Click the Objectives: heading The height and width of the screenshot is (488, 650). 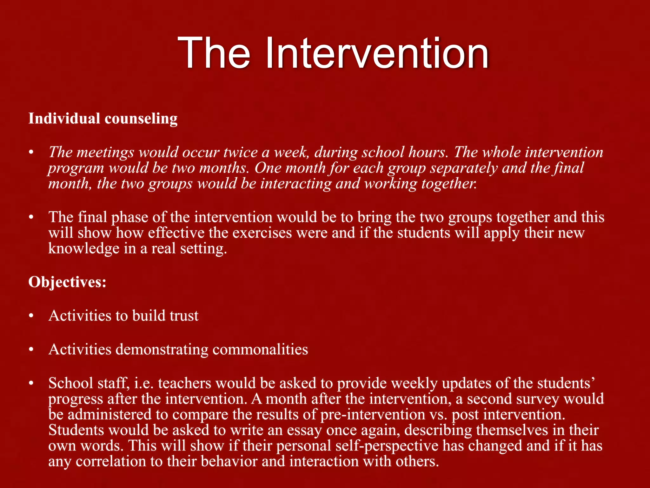tap(67, 282)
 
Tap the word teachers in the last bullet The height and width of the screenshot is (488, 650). tap(185, 383)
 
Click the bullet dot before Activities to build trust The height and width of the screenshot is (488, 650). tap(31, 316)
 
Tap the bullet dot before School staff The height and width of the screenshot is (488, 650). tap(31, 383)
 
